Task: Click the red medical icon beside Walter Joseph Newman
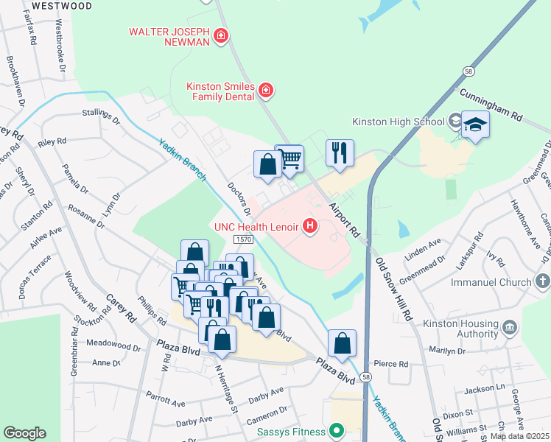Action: pyautogui.click(x=220, y=35)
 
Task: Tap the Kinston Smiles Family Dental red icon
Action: pyautogui.click(x=266, y=91)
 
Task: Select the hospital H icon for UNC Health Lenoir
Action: pyautogui.click(x=310, y=226)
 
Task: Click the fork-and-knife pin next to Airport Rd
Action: pyautogui.click(x=340, y=152)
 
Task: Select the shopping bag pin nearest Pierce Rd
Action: pyautogui.click(x=342, y=343)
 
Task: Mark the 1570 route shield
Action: pyautogui.click(x=245, y=240)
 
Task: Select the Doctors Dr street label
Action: pyautogui.click(x=239, y=199)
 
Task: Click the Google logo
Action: pyautogui.click(x=24, y=433)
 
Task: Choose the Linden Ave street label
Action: pyautogui.click(x=424, y=249)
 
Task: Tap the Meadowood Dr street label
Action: pyautogui.click(x=113, y=346)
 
